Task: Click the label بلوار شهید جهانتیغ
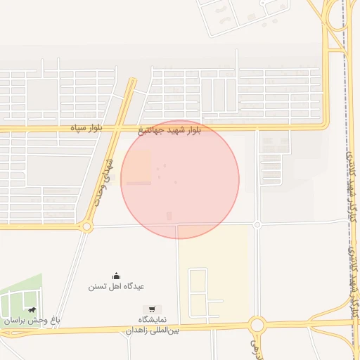(170, 131)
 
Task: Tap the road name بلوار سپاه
(86, 129)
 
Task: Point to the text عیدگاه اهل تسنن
(116, 287)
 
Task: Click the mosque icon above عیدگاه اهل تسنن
(116, 276)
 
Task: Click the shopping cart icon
(152, 309)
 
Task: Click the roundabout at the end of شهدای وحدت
(86, 226)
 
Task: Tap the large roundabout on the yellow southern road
(257, 325)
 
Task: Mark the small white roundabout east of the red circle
(257, 224)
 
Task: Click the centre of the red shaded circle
(180, 179)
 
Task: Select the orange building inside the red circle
(139, 167)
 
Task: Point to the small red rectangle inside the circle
(168, 216)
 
